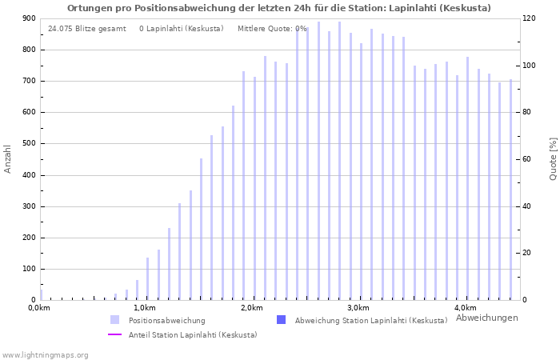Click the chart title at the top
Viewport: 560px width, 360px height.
[x=279, y=8]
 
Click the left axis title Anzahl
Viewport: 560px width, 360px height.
[x=8, y=158]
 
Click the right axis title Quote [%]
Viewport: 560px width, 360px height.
[x=553, y=158]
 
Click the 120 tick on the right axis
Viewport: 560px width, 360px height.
[x=530, y=18]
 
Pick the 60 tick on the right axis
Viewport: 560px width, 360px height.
[x=527, y=159]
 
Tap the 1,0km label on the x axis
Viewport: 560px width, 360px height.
[x=144, y=308]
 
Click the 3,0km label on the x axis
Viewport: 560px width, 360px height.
[x=358, y=308]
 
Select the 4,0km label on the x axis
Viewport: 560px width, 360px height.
[x=465, y=308]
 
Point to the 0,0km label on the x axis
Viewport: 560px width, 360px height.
[x=39, y=308]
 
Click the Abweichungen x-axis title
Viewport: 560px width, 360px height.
[x=486, y=318]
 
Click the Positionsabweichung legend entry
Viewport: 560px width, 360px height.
[x=166, y=321]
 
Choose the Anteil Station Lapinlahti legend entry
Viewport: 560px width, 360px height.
[x=193, y=335]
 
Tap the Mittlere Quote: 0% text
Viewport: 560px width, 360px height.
[x=272, y=29]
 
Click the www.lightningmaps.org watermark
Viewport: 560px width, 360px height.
[x=46, y=354]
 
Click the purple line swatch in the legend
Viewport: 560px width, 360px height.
[x=114, y=335]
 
